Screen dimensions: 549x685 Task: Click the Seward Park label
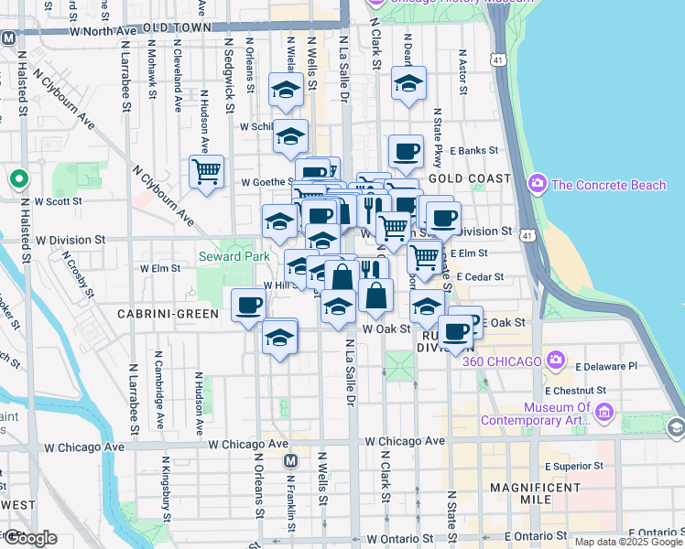click(234, 256)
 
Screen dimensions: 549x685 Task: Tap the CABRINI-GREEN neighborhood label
click(168, 313)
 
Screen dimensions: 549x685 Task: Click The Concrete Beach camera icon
click(538, 185)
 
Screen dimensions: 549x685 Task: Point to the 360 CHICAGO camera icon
click(555, 361)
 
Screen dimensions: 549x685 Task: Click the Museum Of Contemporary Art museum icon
click(603, 413)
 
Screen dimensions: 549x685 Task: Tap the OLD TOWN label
click(172, 28)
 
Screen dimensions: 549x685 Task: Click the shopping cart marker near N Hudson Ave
click(206, 171)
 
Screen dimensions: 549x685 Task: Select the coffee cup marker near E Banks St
click(406, 151)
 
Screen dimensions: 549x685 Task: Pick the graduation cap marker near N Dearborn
click(408, 84)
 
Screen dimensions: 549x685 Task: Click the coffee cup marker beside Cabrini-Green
click(248, 306)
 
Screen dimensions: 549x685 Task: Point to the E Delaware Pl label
click(606, 366)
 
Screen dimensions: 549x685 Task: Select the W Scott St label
click(58, 201)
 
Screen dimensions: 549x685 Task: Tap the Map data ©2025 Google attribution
click(627, 542)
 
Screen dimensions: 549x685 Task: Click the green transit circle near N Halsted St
click(17, 178)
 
